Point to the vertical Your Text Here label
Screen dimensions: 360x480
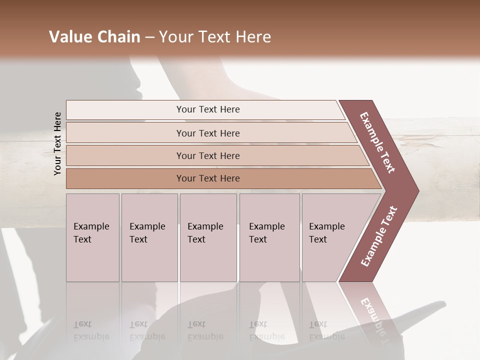pos(57,143)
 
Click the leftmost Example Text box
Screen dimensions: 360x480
pos(92,237)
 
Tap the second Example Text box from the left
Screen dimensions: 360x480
pos(149,237)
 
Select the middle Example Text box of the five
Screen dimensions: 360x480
pos(208,237)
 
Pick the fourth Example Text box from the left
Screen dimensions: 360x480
pos(269,237)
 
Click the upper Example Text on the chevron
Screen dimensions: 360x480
pos(377,142)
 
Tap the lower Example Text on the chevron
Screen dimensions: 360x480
pos(379,236)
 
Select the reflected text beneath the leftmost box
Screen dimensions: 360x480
pos(91,330)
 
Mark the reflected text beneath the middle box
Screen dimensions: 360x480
pos(205,330)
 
